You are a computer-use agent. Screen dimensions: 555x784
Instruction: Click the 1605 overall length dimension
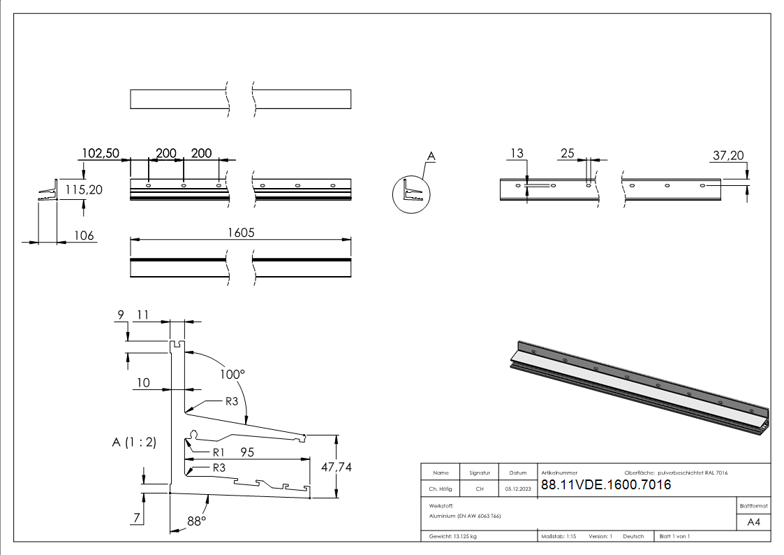pos(239,233)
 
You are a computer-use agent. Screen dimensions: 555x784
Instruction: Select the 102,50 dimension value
pos(101,153)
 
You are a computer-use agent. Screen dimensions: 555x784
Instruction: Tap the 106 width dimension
pos(84,236)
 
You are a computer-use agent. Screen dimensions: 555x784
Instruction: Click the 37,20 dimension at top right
pos(727,156)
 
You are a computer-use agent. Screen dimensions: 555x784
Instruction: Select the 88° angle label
pos(196,521)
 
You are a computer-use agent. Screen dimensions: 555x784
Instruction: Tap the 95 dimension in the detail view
pos(247,452)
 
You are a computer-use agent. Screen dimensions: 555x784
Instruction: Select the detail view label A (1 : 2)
pos(133,442)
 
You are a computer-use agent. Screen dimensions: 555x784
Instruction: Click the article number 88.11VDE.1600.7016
pos(606,485)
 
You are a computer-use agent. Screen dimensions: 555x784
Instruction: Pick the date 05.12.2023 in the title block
pos(518,489)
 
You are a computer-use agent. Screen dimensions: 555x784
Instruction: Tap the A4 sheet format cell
pos(753,522)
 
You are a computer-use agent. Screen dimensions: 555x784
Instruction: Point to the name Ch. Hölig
pos(440,489)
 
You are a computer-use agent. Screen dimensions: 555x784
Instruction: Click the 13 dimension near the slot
pos(517,153)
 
